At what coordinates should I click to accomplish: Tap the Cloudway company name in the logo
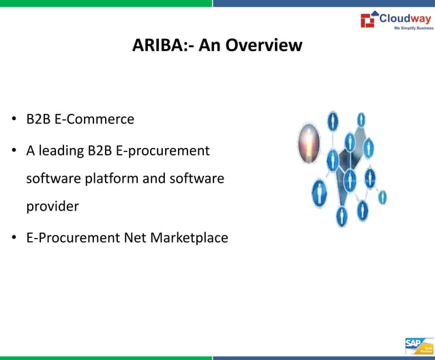tap(405, 18)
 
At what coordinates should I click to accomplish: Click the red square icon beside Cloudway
tap(368, 20)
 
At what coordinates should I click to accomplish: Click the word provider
tap(52, 206)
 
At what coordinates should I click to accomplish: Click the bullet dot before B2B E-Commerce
tap(14, 120)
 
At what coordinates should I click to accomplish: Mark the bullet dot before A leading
tap(14, 151)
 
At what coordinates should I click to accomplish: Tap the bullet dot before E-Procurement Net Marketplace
tap(14, 238)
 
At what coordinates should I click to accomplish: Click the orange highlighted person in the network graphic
tap(309, 142)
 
